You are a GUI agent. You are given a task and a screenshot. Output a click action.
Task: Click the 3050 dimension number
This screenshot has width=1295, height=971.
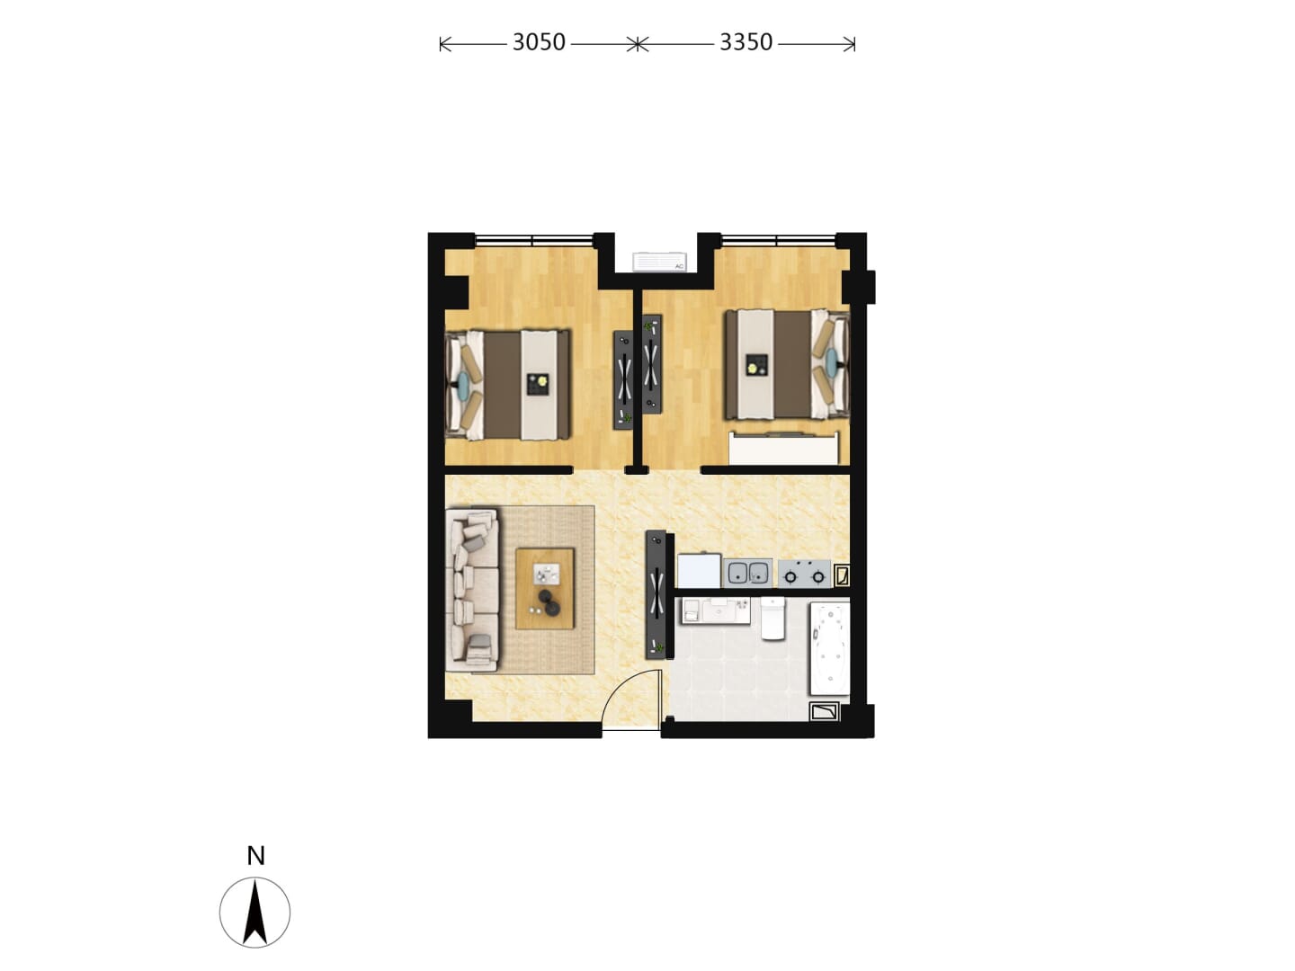(x=538, y=42)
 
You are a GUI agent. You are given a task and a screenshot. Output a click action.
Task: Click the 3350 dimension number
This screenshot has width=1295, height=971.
(x=746, y=42)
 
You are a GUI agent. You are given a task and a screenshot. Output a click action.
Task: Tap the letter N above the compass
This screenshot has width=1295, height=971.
(x=255, y=856)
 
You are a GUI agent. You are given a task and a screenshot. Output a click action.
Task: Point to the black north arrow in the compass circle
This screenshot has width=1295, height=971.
(x=255, y=913)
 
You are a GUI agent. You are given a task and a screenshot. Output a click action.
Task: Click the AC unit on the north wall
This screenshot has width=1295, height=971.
(x=659, y=262)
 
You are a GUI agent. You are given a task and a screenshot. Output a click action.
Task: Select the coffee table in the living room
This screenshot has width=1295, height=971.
(x=545, y=589)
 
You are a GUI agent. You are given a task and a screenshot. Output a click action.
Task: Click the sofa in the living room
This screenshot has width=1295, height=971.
(x=471, y=590)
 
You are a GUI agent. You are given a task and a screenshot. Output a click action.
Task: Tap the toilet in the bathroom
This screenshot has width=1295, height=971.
(x=773, y=618)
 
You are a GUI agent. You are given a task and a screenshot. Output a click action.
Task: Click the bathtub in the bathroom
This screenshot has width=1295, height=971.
(x=829, y=648)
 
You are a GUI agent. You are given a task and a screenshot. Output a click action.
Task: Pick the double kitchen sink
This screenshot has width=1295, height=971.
(x=747, y=573)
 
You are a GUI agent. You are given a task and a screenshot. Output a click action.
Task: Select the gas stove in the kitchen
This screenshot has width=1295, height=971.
(x=804, y=573)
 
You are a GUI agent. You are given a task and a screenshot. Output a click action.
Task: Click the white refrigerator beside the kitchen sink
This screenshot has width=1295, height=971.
(x=699, y=570)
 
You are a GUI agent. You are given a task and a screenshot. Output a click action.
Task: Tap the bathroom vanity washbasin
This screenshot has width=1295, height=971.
(x=716, y=610)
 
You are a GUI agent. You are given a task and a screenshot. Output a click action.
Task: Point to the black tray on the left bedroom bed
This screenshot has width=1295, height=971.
(x=538, y=385)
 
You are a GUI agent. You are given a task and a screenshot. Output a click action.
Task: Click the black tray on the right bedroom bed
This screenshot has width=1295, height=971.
(x=756, y=364)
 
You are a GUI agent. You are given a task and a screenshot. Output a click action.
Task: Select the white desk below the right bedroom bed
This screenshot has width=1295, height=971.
(x=783, y=448)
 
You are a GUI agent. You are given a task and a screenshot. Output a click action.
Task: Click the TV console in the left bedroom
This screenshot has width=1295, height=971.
(x=623, y=379)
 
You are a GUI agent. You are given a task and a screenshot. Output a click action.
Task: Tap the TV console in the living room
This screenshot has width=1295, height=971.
(x=656, y=594)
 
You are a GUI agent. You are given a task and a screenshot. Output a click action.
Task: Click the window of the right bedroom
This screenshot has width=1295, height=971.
(x=778, y=240)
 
